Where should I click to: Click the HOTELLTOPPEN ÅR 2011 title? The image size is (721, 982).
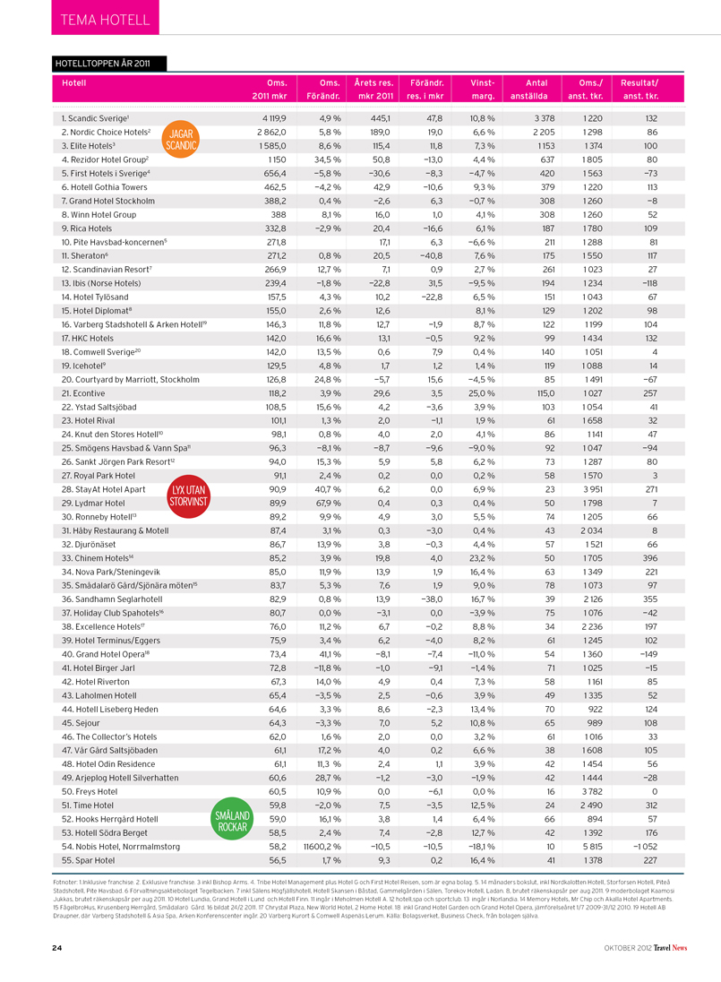[x=107, y=64]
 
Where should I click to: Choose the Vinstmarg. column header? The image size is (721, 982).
[x=481, y=89]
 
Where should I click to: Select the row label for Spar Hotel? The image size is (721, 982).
[x=88, y=860]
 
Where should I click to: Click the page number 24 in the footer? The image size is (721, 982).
[x=56, y=947]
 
